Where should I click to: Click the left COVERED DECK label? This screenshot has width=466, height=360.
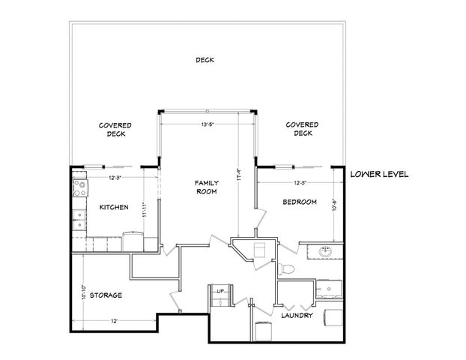[x=115, y=130]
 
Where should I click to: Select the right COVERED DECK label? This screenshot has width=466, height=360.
[x=303, y=129]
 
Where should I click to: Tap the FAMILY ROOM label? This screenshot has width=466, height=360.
[x=206, y=187]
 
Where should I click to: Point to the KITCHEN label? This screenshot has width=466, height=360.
[x=113, y=207]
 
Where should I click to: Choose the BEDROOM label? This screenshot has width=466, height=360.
[x=300, y=202]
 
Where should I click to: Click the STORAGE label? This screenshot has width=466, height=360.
[x=106, y=295]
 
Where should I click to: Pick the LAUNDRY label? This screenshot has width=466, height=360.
[x=297, y=316]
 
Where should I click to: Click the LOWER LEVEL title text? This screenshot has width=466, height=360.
[x=379, y=174]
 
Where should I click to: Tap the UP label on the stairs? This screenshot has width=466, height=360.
[x=220, y=290]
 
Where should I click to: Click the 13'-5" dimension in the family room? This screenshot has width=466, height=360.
[x=208, y=124]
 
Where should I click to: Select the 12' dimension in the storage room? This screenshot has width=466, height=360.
[x=113, y=320]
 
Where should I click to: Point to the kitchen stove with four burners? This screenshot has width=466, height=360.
[x=79, y=186]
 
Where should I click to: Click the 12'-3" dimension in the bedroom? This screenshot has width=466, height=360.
[x=300, y=182]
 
